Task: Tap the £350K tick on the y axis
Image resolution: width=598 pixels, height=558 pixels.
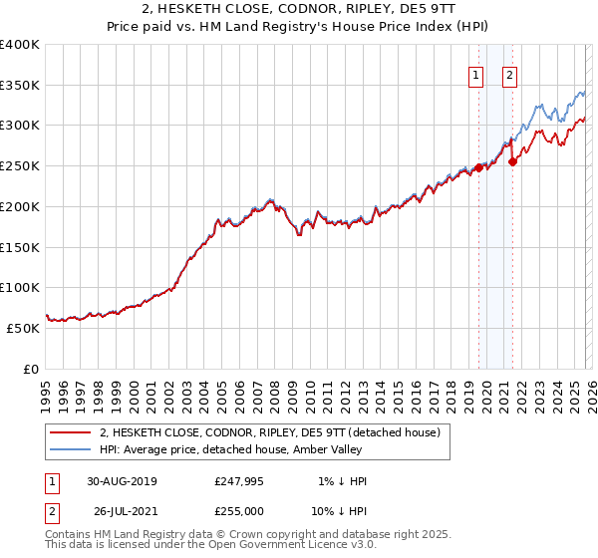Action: (20, 86)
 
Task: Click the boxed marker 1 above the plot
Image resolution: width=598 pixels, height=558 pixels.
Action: (475, 74)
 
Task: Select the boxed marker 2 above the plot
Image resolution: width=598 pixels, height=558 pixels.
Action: (509, 74)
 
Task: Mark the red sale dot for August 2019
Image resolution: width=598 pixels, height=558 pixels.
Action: (478, 167)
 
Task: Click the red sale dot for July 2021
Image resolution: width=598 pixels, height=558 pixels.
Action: (512, 161)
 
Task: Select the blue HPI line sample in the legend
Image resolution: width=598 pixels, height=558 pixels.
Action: (72, 449)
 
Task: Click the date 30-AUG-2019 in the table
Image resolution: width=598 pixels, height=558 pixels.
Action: (122, 481)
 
